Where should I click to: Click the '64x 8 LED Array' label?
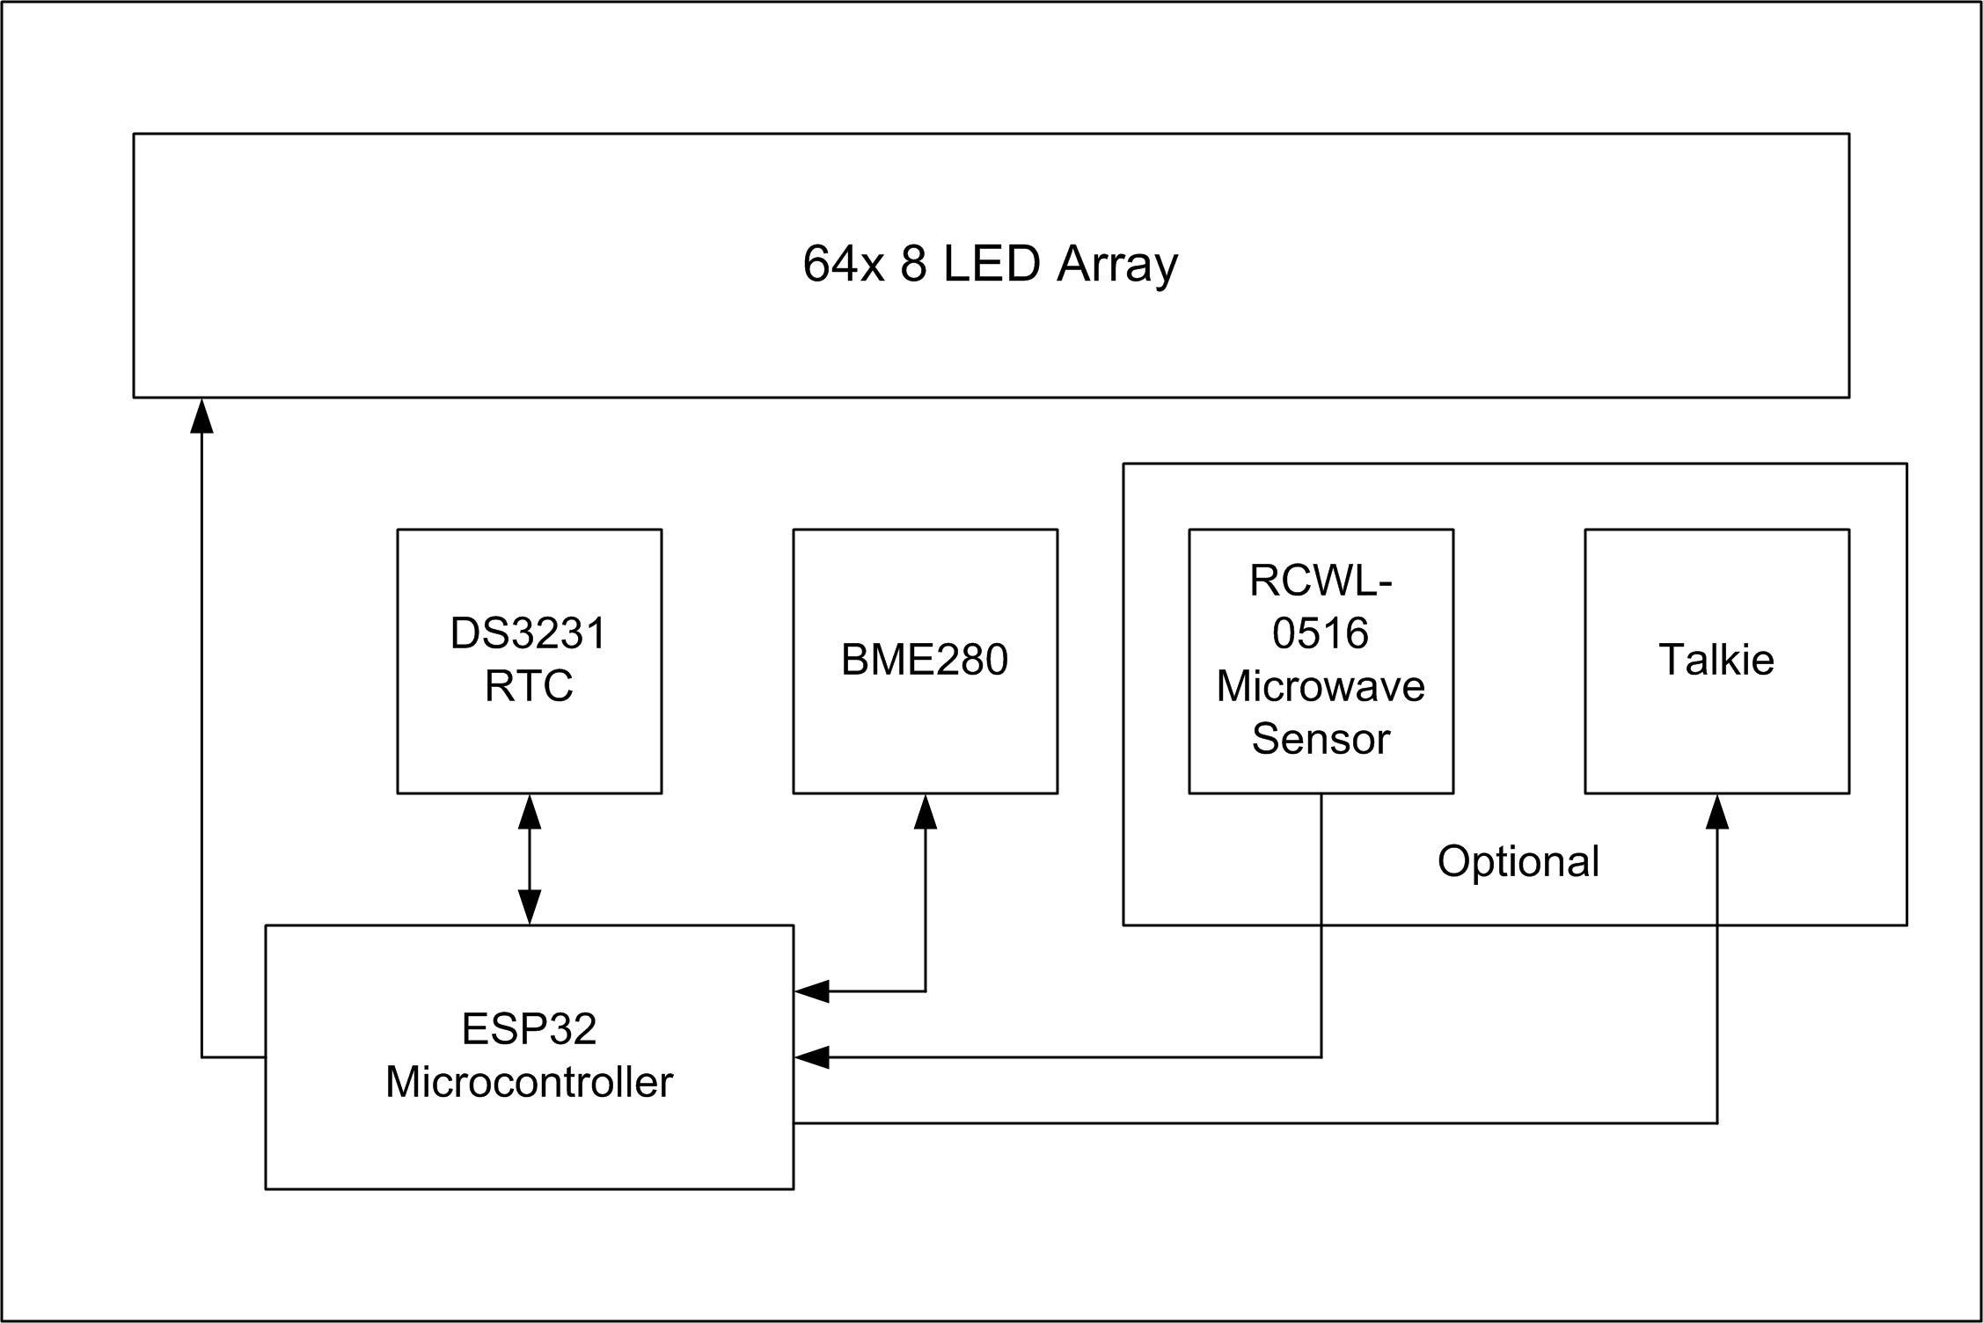pyautogui.click(x=990, y=264)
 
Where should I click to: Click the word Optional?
pyautogui.click(x=1518, y=862)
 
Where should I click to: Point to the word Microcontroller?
pyautogui.click(x=529, y=1082)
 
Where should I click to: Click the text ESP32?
pyautogui.click(x=529, y=1029)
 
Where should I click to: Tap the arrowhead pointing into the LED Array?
pyautogui.click(x=202, y=416)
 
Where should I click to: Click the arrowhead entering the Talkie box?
pyautogui.click(x=1716, y=812)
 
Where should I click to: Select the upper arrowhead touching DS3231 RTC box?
pyautogui.click(x=529, y=812)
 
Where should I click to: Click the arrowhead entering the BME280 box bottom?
pyautogui.click(x=925, y=812)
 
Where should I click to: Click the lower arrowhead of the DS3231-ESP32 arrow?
pyautogui.click(x=529, y=906)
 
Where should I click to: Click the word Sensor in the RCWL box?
pyautogui.click(x=1320, y=739)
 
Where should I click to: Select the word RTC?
pyautogui.click(x=529, y=686)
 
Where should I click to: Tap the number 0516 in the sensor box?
pyautogui.click(x=1320, y=633)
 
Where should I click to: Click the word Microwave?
pyautogui.click(x=1320, y=686)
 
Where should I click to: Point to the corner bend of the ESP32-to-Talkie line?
pyautogui.click(x=1716, y=1122)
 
